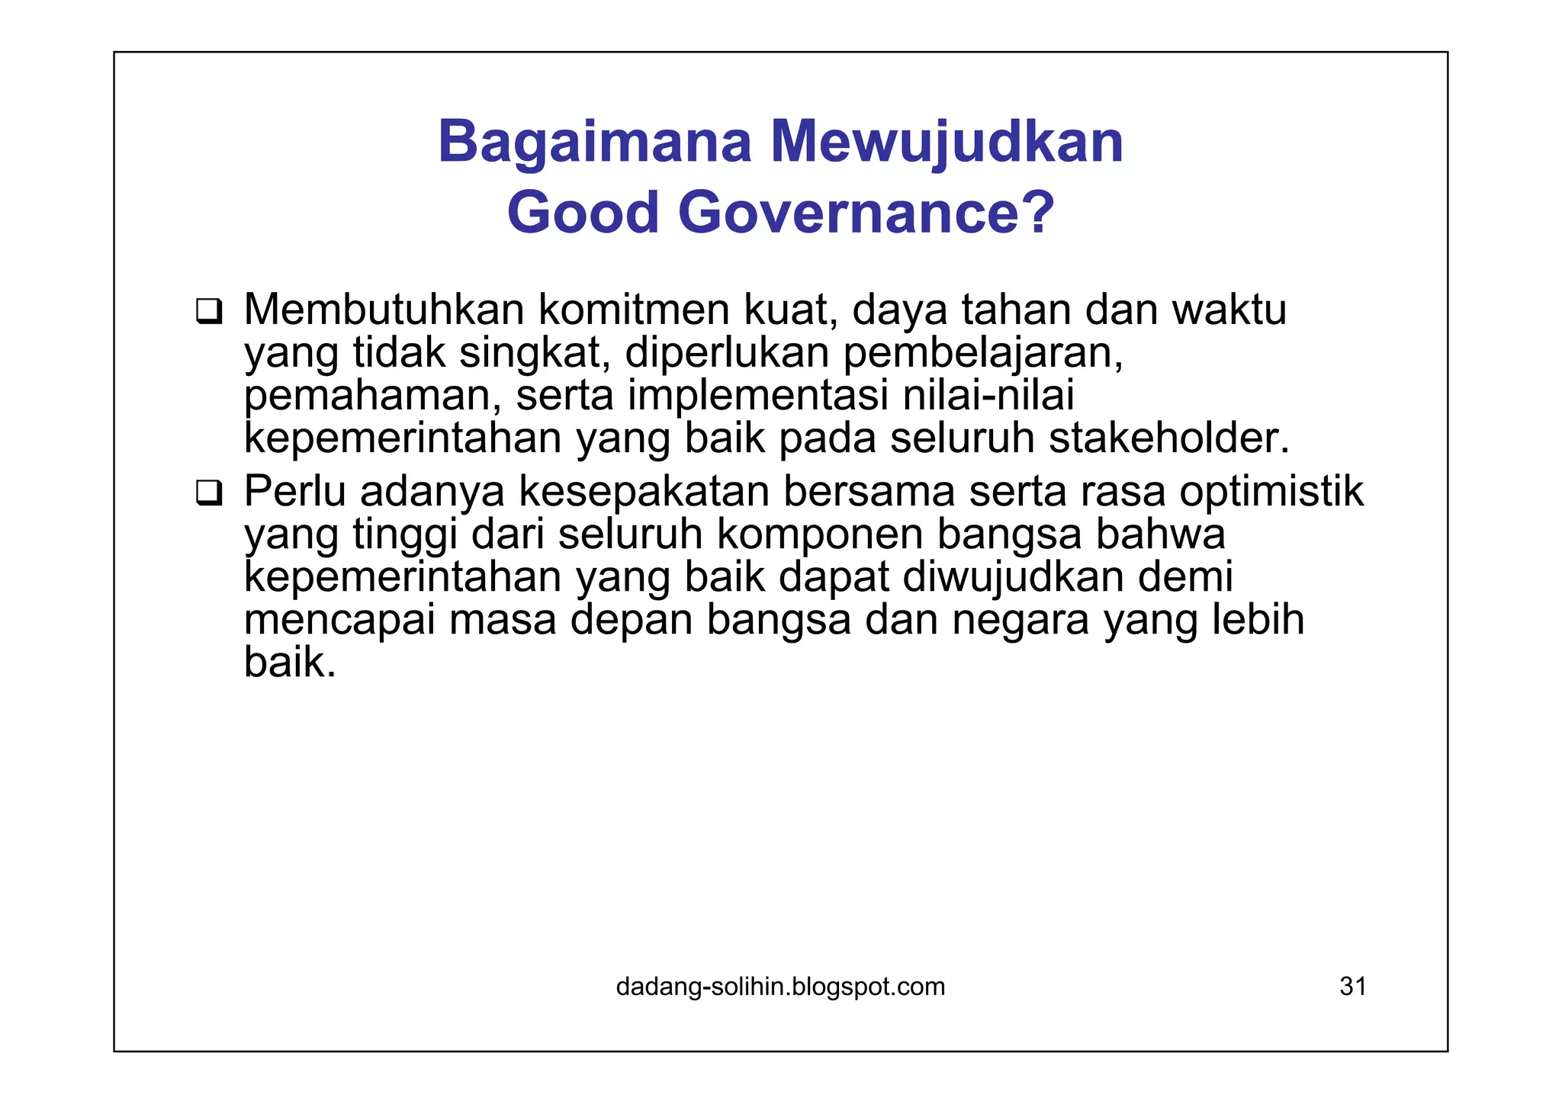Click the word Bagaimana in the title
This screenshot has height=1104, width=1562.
click(x=595, y=143)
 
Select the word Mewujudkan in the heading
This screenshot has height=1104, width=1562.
click(x=947, y=143)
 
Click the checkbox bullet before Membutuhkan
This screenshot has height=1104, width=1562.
click(x=208, y=312)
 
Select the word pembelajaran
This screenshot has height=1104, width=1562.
click(x=984, y=353)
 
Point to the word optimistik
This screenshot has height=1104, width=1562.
click(x=1271, y=491)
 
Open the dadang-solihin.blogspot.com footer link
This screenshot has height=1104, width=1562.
click(x=780, y=987)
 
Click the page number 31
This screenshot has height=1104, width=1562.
click(x=1353, y=987)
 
